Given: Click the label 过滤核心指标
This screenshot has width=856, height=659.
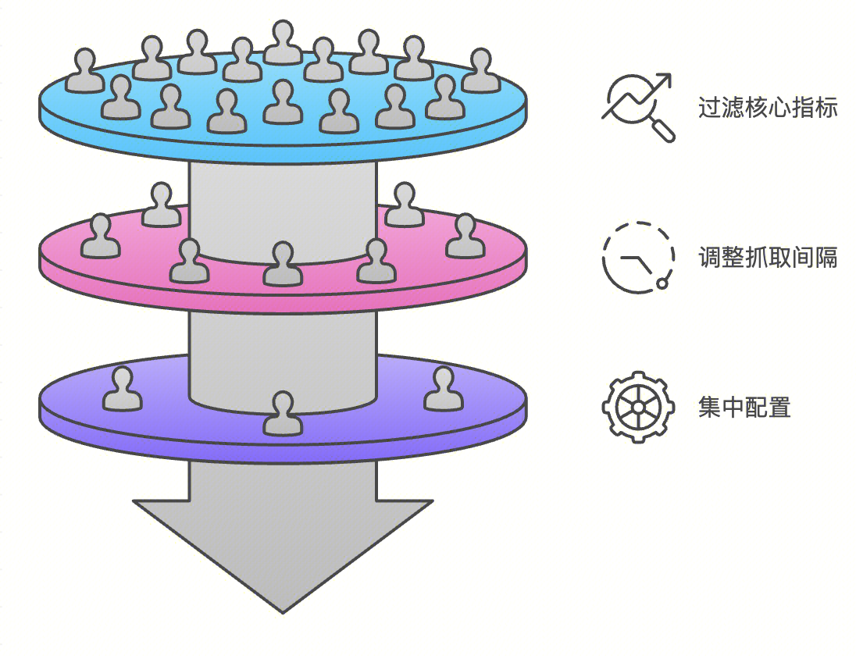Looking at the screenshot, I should pos(768,107).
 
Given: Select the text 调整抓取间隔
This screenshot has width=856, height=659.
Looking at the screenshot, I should pos(768,257).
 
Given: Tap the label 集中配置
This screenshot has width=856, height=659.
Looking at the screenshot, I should pos(744,407).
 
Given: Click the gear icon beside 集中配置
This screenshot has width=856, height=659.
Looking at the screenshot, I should pos(638,407).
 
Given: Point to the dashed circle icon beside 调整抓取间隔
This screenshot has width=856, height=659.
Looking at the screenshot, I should pos(637,258).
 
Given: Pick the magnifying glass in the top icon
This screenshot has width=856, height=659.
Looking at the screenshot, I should pos(661,128).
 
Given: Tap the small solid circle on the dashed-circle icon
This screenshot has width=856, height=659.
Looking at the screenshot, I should pos(662,283).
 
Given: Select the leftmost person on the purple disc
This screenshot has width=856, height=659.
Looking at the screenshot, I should pos(123,390).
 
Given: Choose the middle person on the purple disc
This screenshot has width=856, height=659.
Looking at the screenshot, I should pos(283,414).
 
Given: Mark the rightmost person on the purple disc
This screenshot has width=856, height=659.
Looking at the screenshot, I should pos(444,390).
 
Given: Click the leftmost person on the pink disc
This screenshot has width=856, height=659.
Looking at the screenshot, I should pos(101,237).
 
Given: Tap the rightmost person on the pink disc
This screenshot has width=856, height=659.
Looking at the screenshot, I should pos(465,237).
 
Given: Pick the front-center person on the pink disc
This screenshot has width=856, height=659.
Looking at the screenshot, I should pos(283,265).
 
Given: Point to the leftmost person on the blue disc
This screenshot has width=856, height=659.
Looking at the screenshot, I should pos(84,71).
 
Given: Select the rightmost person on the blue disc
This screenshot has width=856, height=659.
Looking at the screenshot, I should pos(481,71).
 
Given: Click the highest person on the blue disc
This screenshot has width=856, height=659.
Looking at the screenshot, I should pos(283,44).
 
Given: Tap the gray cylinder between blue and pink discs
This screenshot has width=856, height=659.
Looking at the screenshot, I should pos(283,207).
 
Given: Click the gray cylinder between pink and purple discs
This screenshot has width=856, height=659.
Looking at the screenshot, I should pos(283,351).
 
